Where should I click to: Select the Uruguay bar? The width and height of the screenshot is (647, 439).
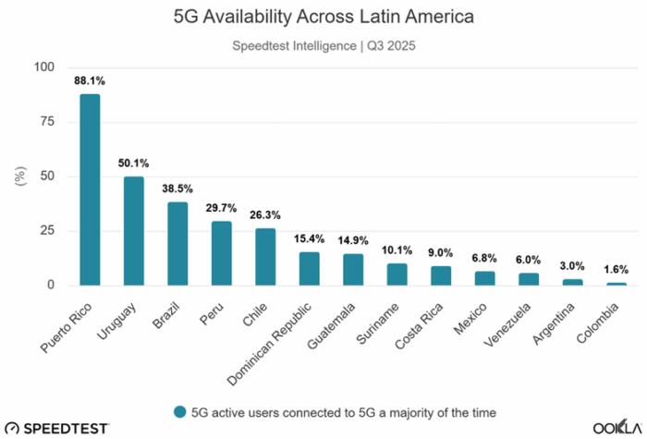click(x=134, y=231)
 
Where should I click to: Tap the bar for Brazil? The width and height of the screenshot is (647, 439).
click(x=177, y=244)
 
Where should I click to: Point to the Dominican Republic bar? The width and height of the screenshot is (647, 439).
click(x=310, y=269)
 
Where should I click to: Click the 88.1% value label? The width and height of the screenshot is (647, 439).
click(x=90, y=80)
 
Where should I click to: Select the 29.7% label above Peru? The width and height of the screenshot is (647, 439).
click(x=222, y=208)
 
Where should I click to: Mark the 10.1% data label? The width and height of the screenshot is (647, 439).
click(x=397, y=250)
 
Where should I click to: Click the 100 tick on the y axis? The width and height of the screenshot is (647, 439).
click(x=43, y=67)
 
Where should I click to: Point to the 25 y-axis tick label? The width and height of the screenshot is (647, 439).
click(x=47, y=231)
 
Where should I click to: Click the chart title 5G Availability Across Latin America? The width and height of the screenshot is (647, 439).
click(x=323, y=16)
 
